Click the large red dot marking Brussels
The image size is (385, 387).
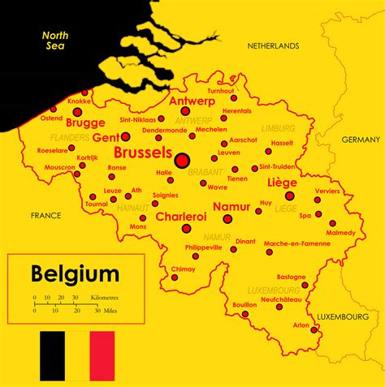[x=182, y=160]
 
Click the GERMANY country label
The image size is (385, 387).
[x=361, y=140]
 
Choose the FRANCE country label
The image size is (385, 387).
[x=45, y=216]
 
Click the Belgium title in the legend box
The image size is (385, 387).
[x=75, y=273]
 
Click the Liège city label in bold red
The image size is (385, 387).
[x=282, y=183]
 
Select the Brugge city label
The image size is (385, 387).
[x=85, y=123]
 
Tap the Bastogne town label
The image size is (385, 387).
[x=291, y=277]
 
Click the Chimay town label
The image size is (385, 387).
[x=182, y=269]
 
